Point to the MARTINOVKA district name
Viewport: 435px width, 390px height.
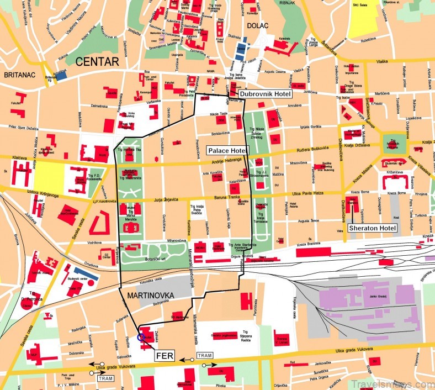150,296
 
